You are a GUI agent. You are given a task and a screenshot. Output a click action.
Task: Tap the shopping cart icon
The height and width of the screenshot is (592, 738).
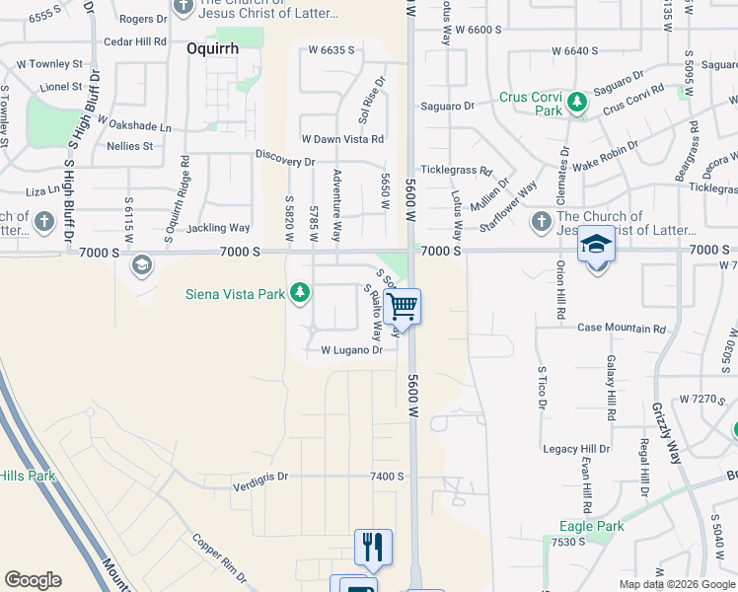coord(403,307)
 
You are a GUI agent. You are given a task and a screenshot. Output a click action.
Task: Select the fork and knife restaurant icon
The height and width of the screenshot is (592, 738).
coord(373,547)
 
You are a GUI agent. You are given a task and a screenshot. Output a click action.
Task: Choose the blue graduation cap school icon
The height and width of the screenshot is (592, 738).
coord(596,244)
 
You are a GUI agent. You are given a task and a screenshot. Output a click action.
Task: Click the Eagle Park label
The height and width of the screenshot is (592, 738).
coord(591,526)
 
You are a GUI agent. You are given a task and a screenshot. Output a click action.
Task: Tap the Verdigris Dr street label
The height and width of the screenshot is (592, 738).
coord(260,476)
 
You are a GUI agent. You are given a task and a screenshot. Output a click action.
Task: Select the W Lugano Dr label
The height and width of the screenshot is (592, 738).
coord(351,350)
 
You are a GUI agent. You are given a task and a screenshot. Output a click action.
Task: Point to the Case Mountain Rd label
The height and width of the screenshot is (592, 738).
coord(622,328)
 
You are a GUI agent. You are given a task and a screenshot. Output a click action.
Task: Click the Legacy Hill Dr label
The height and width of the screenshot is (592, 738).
coord(577,449)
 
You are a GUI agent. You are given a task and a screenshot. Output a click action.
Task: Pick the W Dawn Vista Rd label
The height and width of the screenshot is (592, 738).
coord(342,139)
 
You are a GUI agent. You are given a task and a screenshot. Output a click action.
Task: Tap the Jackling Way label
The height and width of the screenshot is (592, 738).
coord(219,228)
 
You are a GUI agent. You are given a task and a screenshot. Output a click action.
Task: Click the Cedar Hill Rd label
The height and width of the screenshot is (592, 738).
coord(134,41)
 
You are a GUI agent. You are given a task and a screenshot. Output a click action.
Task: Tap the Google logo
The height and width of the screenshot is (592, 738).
coord(33,580)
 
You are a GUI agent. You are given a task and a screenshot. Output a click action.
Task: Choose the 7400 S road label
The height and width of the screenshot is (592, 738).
coord(388,477)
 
